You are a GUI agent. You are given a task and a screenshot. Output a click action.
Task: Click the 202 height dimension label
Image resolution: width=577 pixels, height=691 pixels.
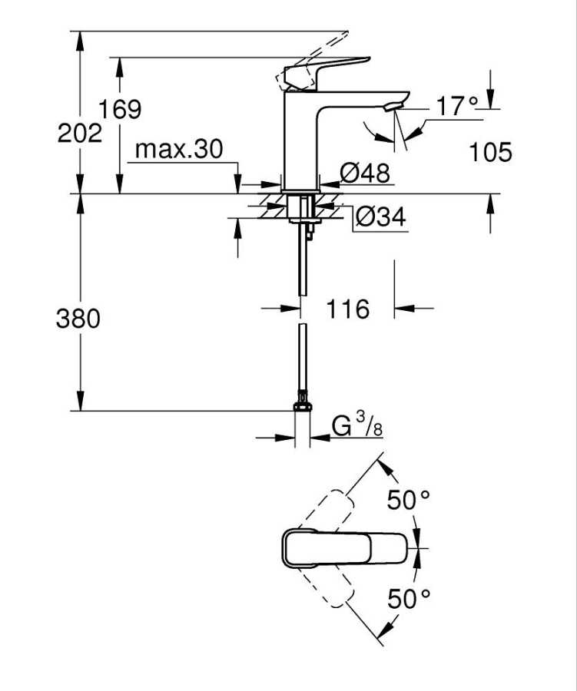(x=80, y=134)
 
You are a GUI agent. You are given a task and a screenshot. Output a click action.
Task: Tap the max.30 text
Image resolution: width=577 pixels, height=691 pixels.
(x=178, y=149)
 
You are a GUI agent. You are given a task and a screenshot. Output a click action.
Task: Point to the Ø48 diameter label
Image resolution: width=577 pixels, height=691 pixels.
(x=365, y=174)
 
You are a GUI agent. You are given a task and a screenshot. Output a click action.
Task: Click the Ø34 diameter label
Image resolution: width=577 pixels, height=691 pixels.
(x=380, y=218)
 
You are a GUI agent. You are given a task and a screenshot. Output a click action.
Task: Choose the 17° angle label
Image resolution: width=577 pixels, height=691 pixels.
(x=457, y=107)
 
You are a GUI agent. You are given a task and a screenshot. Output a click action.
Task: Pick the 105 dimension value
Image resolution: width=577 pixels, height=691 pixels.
(x=490, y=152)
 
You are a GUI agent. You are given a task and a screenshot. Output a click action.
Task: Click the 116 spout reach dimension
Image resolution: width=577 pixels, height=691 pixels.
(x=347, y=309)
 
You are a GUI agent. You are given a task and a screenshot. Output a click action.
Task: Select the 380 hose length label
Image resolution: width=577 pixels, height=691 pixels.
(x=78, y=318)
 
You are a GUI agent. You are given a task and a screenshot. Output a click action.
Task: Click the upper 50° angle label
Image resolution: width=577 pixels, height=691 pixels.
(x=408, y=501)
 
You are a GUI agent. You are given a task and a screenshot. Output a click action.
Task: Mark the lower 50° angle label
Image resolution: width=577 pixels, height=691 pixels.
(x=408, y=599)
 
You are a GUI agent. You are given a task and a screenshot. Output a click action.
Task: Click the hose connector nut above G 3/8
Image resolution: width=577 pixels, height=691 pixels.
(x=303, y=403)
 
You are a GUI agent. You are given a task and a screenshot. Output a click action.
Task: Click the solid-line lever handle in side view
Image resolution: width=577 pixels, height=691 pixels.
(x=327, y=70)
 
